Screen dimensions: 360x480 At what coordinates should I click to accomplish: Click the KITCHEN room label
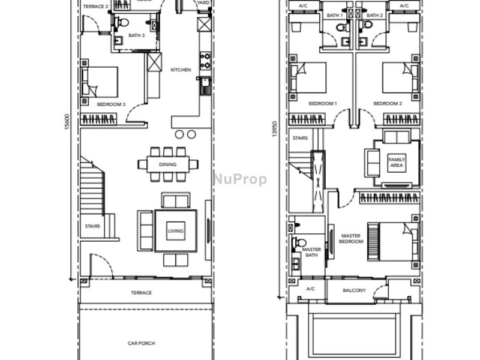click(181, 70)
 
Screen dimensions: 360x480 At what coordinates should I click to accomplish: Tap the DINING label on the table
click(167, 163)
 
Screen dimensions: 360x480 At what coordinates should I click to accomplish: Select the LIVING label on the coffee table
click(175, 231)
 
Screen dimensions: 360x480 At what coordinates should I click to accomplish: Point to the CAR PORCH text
click(142, 343)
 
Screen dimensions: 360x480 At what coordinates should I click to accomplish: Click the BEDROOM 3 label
click(111, 104)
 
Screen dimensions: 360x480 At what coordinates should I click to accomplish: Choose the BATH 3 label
click(136, 35)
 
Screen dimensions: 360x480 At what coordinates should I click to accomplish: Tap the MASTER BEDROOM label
click(351, 239)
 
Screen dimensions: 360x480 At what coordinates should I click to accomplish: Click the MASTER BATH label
click(311, 252)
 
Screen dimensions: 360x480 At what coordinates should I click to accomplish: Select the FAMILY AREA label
click(396, 163)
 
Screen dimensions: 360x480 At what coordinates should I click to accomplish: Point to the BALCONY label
click(355, 290)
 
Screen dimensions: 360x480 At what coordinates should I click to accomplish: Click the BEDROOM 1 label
click(323, 104)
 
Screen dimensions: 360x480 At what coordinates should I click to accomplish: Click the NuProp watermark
click(240, 179)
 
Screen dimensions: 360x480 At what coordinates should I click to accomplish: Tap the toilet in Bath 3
click(122, 23)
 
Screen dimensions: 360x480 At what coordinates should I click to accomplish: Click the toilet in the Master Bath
click(296, 244)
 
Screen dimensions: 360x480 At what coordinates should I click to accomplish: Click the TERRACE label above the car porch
click(142, 293)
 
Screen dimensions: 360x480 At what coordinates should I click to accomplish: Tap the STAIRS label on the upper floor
click(300, 138)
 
